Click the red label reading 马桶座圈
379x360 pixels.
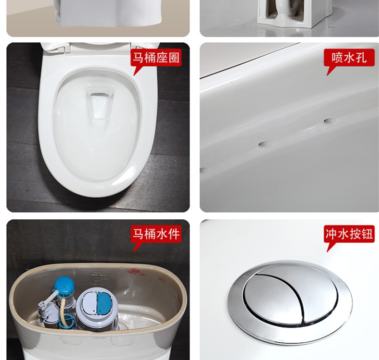point(156,58)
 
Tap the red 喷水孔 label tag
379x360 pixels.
point(349,58)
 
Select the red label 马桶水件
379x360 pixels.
point(156,234)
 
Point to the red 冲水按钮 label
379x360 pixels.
point(349,234)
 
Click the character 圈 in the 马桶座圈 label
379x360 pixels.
point(174,58)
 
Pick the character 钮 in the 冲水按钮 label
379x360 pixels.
point(367,234)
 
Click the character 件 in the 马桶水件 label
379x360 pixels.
point(174,234)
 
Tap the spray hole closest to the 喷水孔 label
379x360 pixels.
point(328,120)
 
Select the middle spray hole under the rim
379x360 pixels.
point(263,144)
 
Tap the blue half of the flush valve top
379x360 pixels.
point(104,303)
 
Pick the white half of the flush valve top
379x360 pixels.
point(89,303)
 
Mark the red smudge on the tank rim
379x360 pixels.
point(133,272)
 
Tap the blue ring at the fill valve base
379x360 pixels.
point(66,322)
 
